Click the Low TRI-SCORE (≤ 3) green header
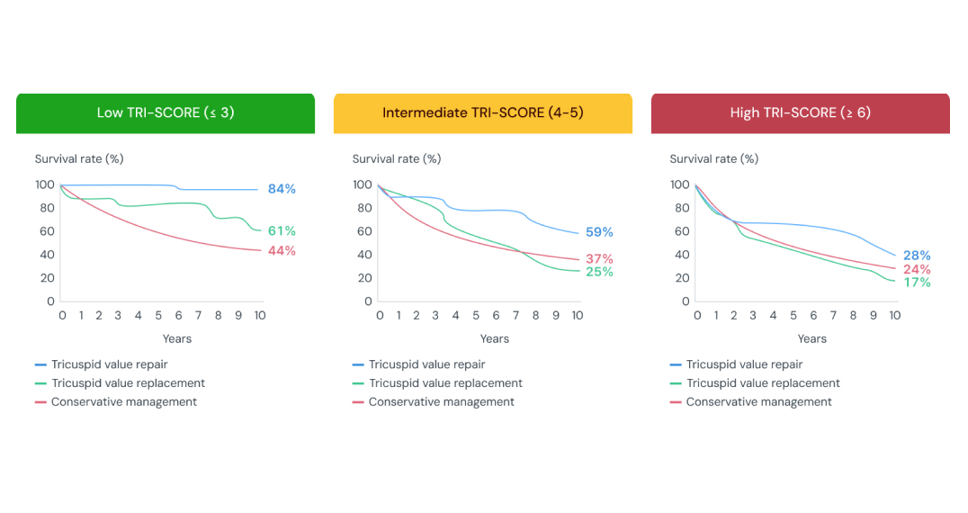[x=166, y=112]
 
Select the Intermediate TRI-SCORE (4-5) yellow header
[x=482, y=112]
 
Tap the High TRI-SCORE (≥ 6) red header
[x=800, y=112]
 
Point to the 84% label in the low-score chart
[x=282, y=189]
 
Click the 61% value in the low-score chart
[x=282, y=231]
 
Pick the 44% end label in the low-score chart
[x=282, y=251]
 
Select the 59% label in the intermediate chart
[x=599, y=232]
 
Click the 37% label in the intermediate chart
[x=599, y=259]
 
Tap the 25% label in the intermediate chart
[x=599, y=272]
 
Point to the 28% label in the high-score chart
[x=917, y=256]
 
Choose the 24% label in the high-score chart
[x=917, y=269]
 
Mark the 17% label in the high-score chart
[x=917, y=283]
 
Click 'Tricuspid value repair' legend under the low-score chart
[x=109, y=364]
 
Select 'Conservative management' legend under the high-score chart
[x=758, y=402]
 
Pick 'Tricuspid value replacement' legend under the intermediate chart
[x=445, y=383]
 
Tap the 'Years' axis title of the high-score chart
[x=811, y=339]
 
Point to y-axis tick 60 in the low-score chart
[x=45, y=231]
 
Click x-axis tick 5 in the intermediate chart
[x=476, y=316]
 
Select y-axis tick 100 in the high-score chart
[x=680, y=185]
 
